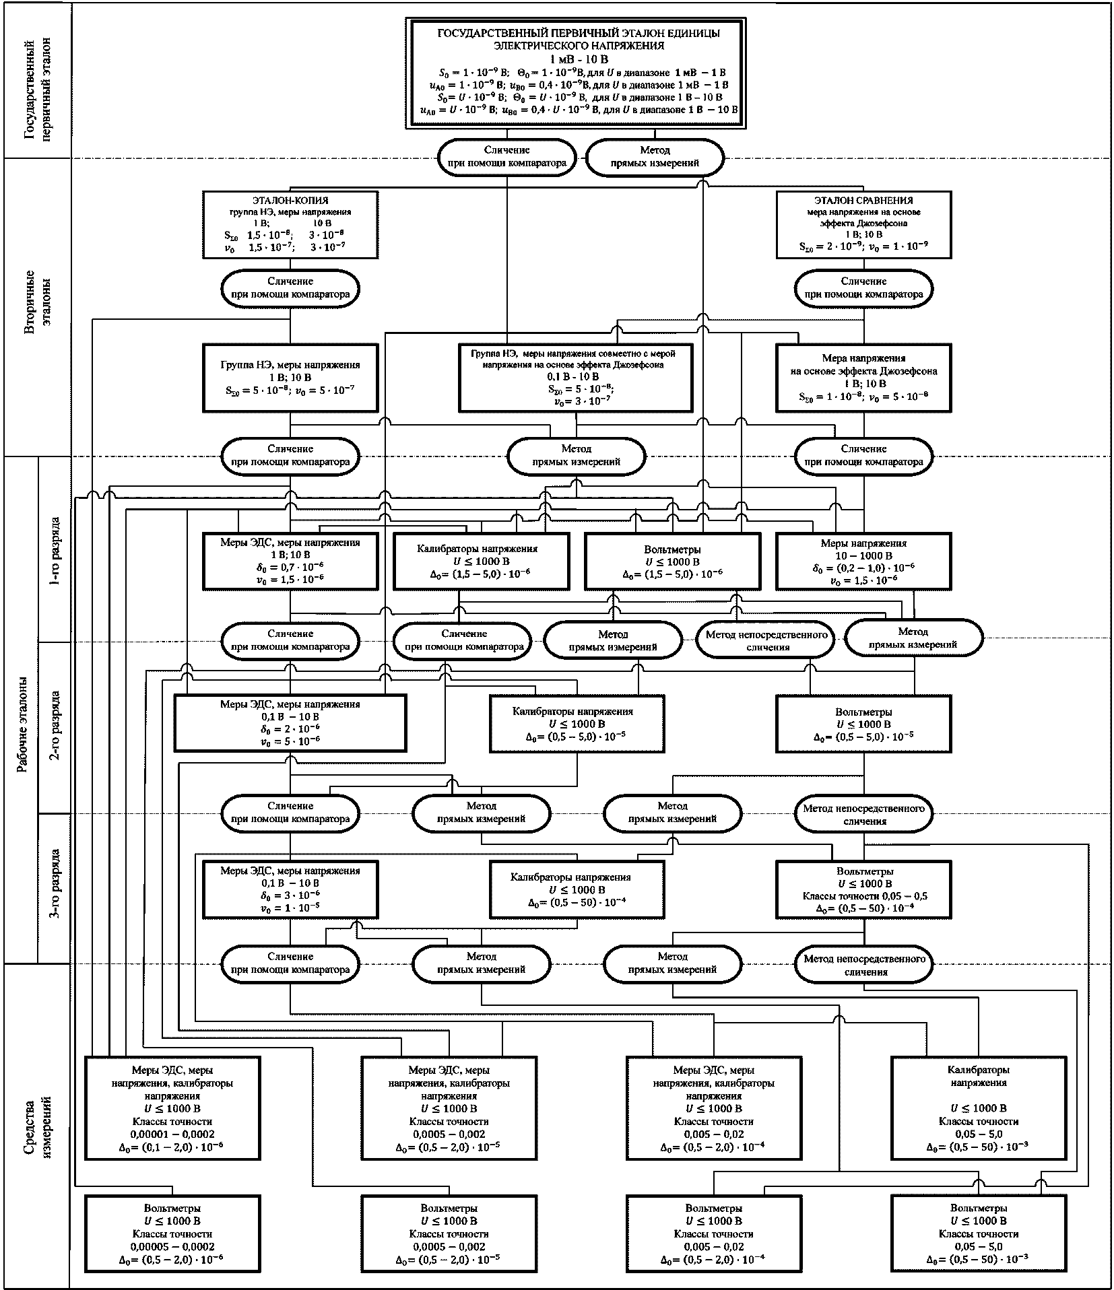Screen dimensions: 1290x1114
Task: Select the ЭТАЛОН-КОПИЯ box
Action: tap(290, 224)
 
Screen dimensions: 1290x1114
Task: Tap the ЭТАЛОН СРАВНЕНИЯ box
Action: tap(864, 224)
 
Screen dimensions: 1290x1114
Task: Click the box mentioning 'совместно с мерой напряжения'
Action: tap(576, 378)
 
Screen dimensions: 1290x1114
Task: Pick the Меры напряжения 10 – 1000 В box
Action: tap(864, 562)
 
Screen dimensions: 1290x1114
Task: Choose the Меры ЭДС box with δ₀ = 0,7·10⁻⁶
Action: tap(290, 562)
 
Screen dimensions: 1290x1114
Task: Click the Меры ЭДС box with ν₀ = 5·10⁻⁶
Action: tap(290, 722)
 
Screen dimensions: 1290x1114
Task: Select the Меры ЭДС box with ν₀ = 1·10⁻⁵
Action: tap(290, 889)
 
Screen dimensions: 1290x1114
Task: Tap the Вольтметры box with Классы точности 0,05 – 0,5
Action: tap(864, 889)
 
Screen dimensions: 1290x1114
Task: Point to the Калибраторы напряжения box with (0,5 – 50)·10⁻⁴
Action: tap(577, 889)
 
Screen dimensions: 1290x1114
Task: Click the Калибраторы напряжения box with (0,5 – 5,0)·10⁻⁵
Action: tap(577, 724)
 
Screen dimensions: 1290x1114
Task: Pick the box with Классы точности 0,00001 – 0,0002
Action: tap(172, 1108)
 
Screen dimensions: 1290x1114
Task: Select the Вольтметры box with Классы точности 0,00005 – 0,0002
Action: tap(172, 1231)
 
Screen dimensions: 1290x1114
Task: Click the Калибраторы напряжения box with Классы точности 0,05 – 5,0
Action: tap(979, 1108)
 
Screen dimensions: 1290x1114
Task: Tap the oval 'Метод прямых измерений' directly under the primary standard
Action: tap(655, 157)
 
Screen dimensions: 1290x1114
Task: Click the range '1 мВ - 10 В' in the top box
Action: tap(579, 59)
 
